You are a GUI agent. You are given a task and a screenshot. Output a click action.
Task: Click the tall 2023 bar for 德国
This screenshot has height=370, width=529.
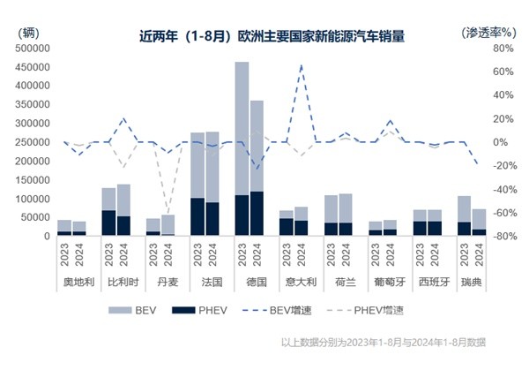tap(242, 148)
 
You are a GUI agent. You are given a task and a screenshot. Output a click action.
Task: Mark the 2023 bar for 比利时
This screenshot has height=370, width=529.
tap(108, 212)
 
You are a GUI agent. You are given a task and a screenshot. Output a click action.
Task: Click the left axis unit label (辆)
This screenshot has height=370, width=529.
tap(27, 32)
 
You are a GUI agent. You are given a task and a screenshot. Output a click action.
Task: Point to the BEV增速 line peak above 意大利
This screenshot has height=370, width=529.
tap(301, 65)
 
